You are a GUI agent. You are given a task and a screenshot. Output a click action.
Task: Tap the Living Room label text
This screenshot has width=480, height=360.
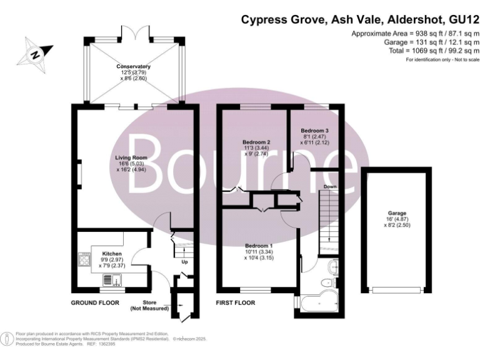coord(131,157)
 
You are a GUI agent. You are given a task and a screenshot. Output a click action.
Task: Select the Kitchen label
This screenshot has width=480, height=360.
coord(103,254)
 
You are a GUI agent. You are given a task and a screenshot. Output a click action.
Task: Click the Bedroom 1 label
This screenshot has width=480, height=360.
coord(257,246)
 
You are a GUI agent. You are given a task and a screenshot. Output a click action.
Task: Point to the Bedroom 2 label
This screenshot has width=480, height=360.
coord(256,142)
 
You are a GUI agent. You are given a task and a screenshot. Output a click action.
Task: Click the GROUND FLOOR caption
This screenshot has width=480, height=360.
coord(94,302)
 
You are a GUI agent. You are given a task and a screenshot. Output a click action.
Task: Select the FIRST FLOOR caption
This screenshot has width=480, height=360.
coord(236,302)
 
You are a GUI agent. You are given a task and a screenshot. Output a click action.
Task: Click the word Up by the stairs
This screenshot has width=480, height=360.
coord(184,261)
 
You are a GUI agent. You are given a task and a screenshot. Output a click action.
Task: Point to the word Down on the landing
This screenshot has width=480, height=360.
coord(331,187)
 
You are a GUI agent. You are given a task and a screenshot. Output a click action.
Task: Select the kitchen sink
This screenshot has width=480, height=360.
coord(110,279)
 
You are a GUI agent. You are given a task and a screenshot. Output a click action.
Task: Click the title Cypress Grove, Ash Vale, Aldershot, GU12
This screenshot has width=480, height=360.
coord(360,20)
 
